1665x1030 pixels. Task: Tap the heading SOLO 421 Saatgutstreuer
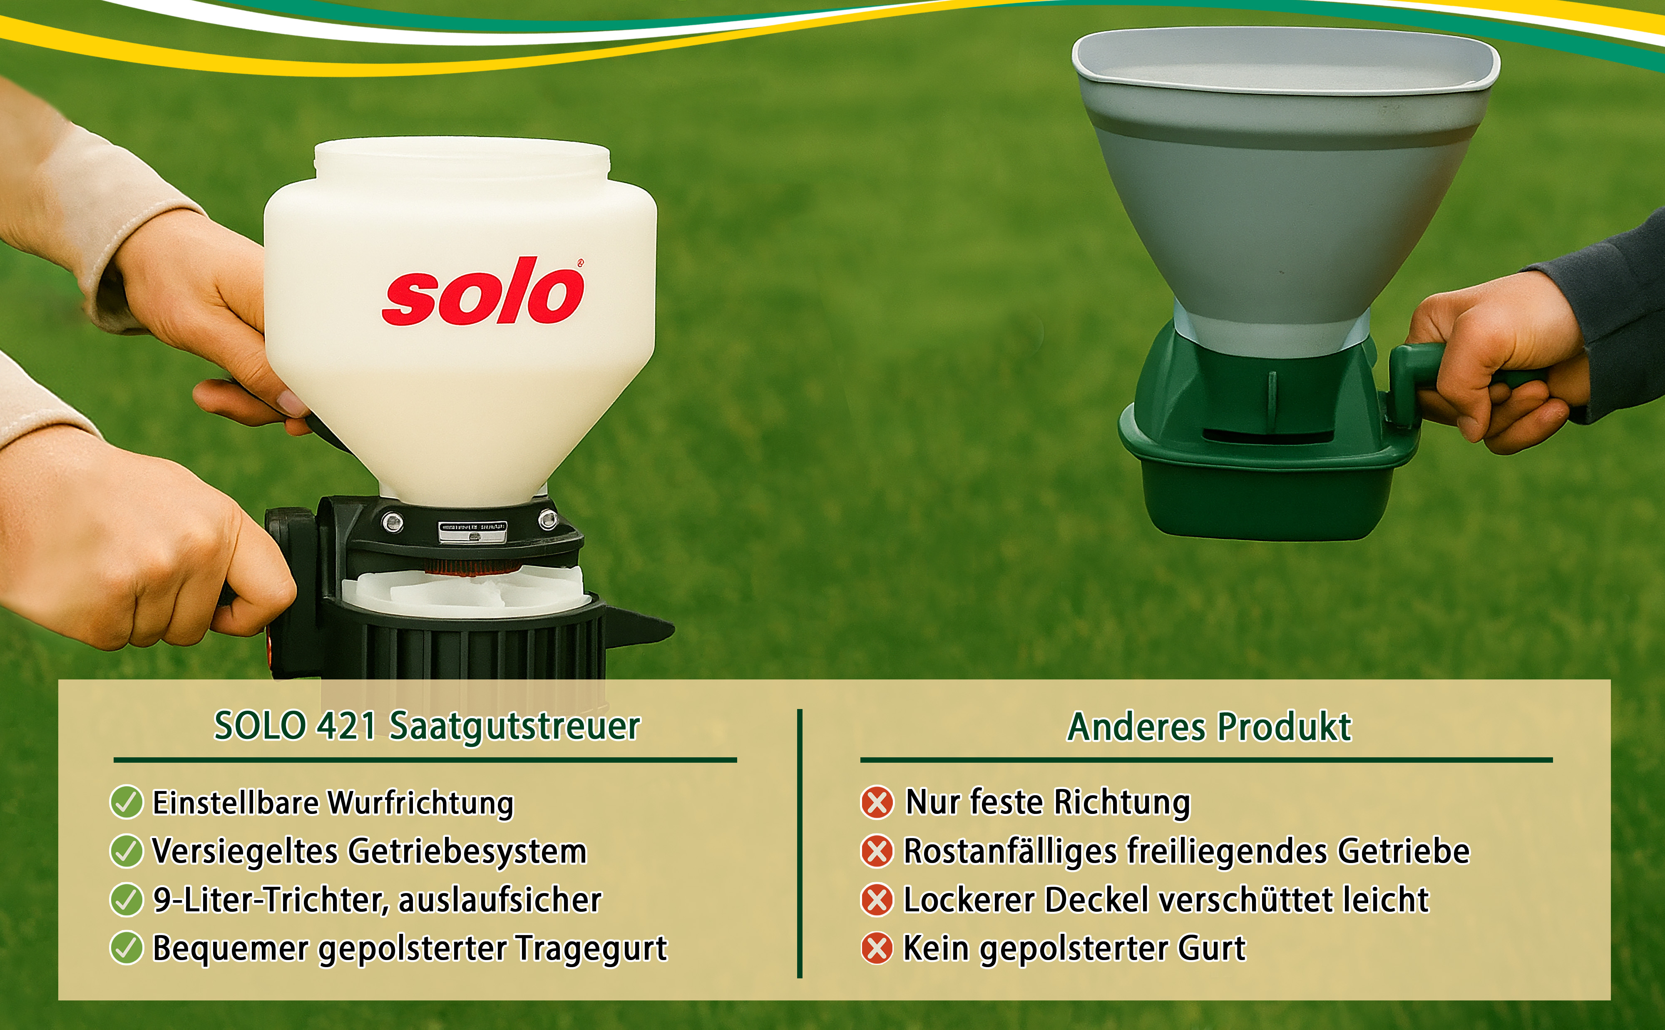427,726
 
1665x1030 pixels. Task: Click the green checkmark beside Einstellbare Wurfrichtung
126,802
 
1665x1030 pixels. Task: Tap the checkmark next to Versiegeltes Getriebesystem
126,851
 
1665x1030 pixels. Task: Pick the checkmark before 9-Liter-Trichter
126,899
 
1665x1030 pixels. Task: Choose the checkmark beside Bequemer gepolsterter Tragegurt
126,948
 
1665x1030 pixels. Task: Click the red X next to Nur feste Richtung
877,802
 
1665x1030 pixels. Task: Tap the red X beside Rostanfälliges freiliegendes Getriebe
877,851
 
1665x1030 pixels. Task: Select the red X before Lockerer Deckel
877,900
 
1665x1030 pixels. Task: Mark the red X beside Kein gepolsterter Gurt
877,948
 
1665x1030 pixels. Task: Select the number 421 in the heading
347,726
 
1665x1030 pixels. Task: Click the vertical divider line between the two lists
800,843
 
